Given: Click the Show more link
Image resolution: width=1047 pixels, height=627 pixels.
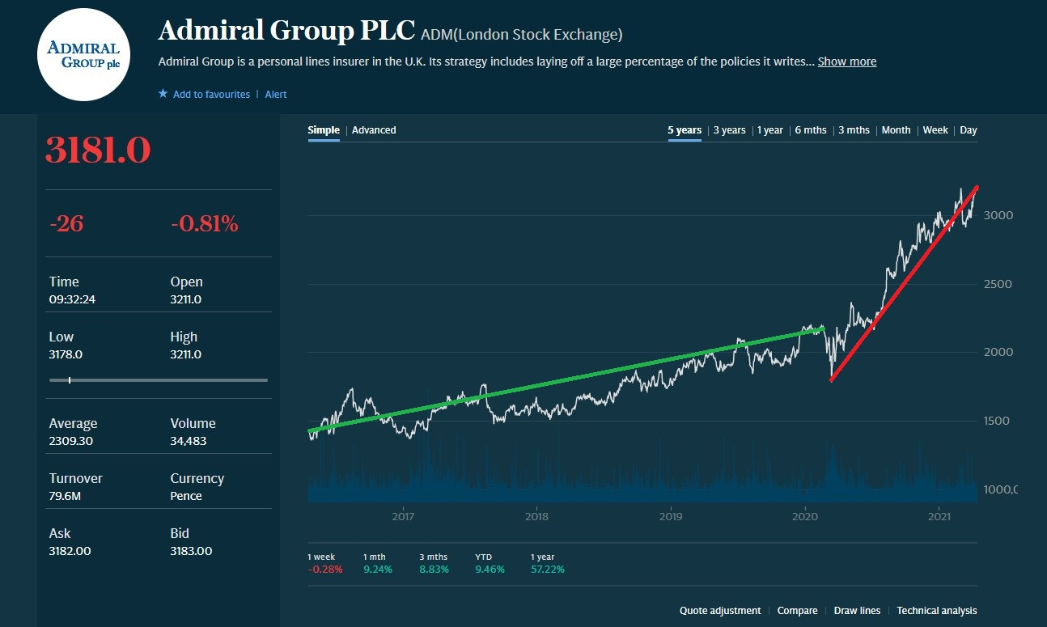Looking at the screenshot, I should pos(846,61).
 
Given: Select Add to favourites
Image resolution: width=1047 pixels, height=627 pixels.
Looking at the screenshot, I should pos(210,95).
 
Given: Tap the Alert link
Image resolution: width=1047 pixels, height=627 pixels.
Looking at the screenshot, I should pos(276,95).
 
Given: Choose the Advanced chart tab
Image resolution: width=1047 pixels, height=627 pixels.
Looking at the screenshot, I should pos(374,130).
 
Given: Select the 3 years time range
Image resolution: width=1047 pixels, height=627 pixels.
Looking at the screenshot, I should pos(729,130).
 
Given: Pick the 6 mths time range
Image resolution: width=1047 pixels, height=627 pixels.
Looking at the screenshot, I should pos(810,130).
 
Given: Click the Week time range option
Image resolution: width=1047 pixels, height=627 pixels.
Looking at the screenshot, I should pos(935,130).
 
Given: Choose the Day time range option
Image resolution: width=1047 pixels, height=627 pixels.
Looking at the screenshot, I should pos(969,130).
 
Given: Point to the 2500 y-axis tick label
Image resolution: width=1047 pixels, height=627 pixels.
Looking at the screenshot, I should pos(998,284).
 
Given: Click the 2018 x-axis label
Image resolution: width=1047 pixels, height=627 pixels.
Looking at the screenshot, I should pos(536,516).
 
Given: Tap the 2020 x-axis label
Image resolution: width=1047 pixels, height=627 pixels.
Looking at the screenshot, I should pos(805,516).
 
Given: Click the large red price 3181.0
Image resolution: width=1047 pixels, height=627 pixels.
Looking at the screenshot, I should pos(98,150).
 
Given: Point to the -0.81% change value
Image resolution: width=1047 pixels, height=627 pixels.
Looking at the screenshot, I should pos(204,224).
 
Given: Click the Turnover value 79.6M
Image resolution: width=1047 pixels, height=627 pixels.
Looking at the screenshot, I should pos(65,496).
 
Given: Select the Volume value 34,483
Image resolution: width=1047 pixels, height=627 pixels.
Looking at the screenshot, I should pos(188,441).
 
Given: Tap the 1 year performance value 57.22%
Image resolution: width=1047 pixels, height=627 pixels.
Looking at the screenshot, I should pos(547,570).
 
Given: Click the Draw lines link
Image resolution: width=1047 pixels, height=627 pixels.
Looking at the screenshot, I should pos(857,611).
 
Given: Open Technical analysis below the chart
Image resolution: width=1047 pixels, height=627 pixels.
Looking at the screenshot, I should pos(936,611).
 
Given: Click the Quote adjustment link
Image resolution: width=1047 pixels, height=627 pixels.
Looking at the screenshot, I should pos(720,611).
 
